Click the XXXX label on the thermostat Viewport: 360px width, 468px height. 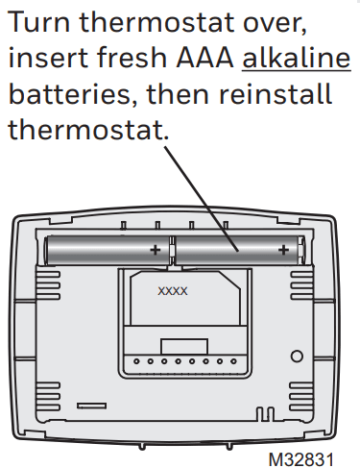tap(173, 290)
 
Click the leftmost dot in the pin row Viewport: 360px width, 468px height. tap(136, 363)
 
